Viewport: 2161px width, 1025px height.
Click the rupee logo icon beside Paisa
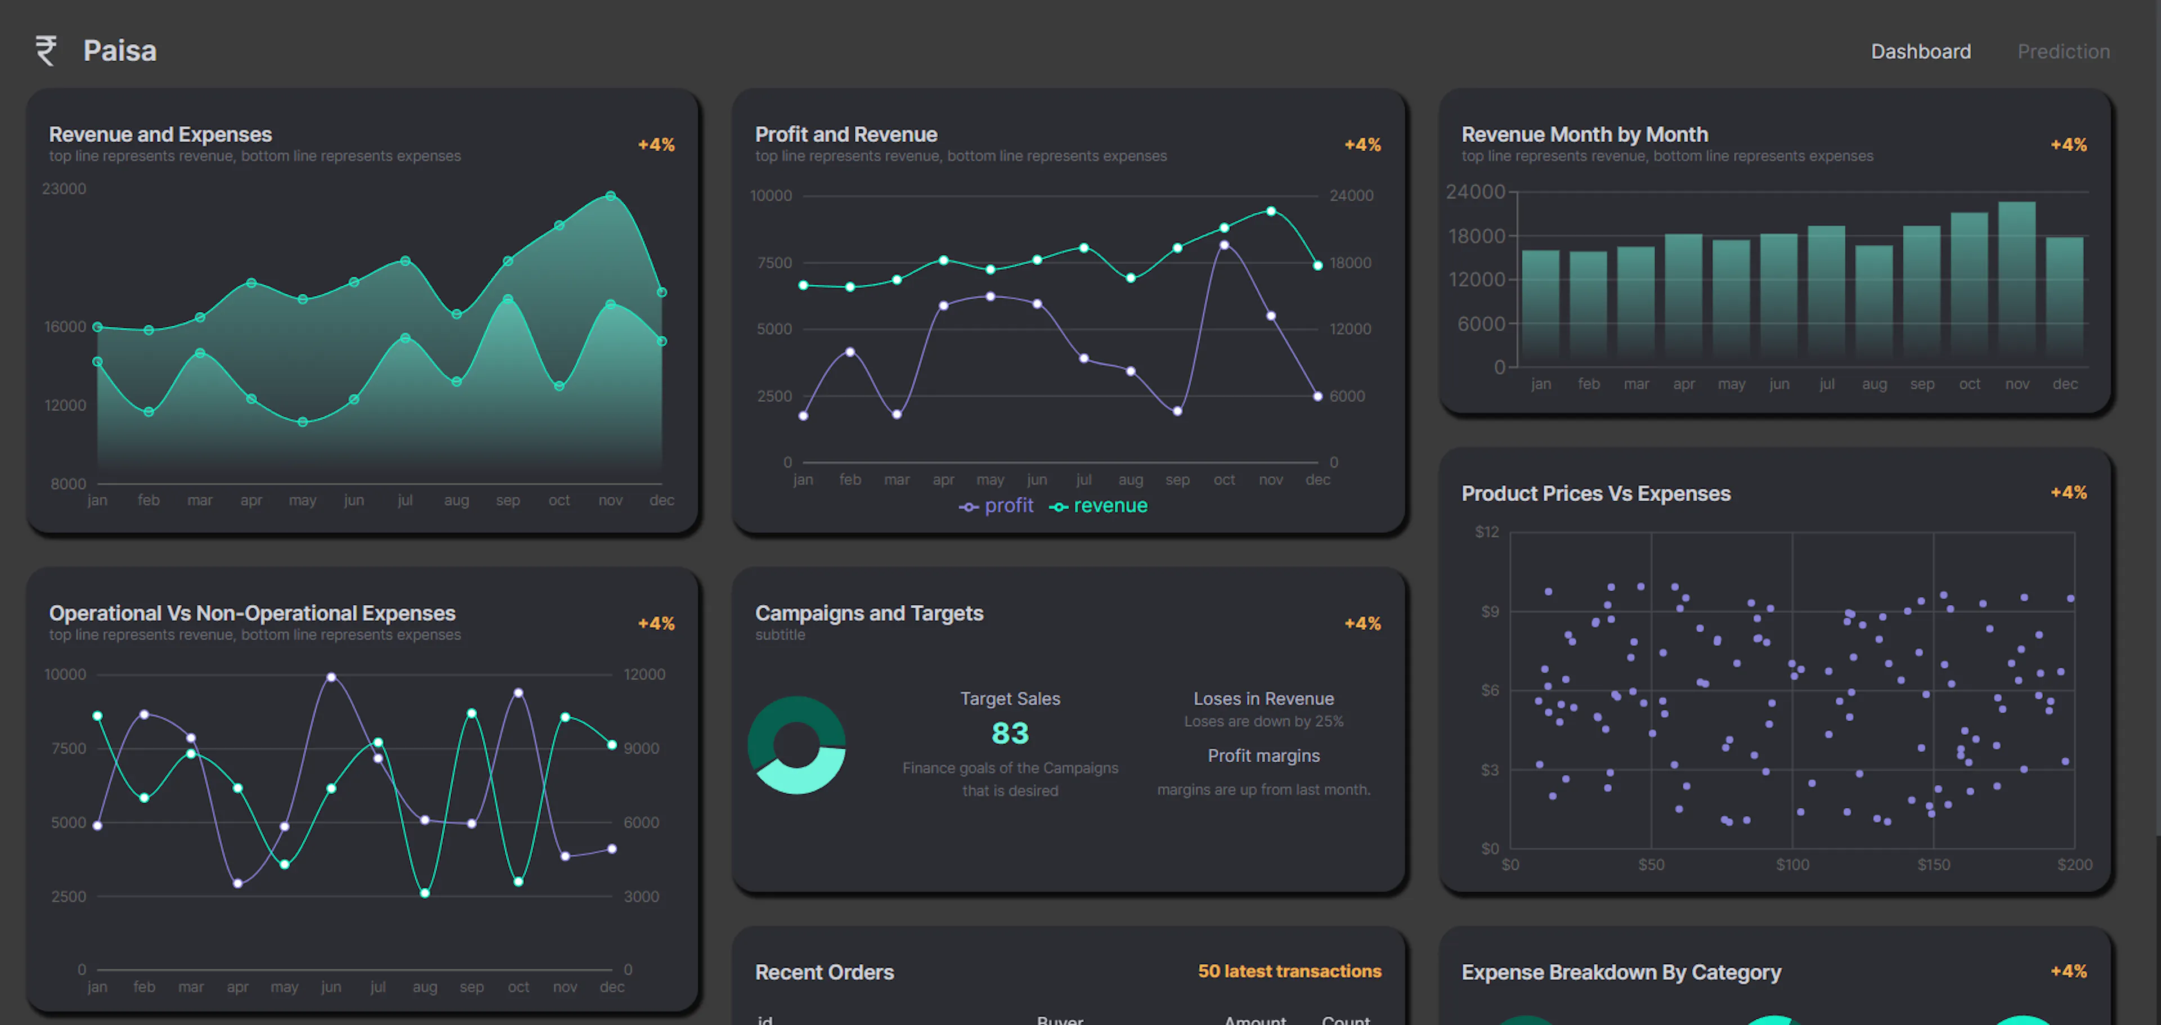[x=46, y=50]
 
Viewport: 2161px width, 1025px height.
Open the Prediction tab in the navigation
[x=2063, y=52]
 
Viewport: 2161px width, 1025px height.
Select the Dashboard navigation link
[x=1920, y=52]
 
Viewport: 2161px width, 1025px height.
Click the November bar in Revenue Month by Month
[x=2017, y=281]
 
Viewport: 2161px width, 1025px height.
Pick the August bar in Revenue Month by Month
[x=1873, y=302]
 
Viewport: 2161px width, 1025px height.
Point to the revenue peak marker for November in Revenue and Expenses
[x=611, y=196]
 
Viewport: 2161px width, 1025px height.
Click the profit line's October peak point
[x=1224, y=245]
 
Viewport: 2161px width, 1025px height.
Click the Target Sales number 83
[x=1010, y=733]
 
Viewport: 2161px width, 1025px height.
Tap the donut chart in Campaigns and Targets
[x=796, y=745]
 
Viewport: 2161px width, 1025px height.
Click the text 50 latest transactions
[x=1289, y=972]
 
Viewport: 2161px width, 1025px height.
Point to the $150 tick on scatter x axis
[x=1933, y=865]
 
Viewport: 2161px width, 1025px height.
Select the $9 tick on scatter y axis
[x=1489, y=612]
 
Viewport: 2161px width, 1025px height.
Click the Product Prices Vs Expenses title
[x=1595, y=493]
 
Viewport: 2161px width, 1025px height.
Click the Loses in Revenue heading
[x=1263, y=699]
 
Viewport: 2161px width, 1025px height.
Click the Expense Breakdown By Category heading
[x=1621, y=972]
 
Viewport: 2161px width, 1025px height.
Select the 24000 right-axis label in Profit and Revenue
[x=1351, y=195]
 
